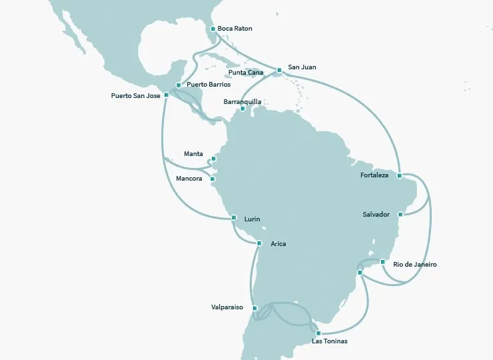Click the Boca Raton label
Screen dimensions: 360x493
(235, 29)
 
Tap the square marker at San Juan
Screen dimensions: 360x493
(280, 69)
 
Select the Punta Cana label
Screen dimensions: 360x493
(245, 73)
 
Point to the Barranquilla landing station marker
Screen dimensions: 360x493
(243, 108)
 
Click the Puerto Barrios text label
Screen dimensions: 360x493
(209, 85)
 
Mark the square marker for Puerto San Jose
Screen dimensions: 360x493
(167, 95)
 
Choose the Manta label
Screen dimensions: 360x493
(193, 154)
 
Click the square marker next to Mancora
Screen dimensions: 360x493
(213, 179)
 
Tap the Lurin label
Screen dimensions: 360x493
(252, 219)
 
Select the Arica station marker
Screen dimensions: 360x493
(259, 243)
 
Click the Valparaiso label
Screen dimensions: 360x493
(228, 308)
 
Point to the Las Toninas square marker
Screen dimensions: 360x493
(318, 333)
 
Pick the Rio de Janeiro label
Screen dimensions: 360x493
(415, 265)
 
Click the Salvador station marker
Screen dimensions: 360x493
(400, 215)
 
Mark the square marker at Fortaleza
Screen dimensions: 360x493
(399, 176)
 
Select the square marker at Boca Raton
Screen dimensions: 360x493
(213, 29)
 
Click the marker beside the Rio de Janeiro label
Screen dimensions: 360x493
(383, 262)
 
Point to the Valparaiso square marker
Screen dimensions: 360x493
(255, 308)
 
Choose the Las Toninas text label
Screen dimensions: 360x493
(329, 341)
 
